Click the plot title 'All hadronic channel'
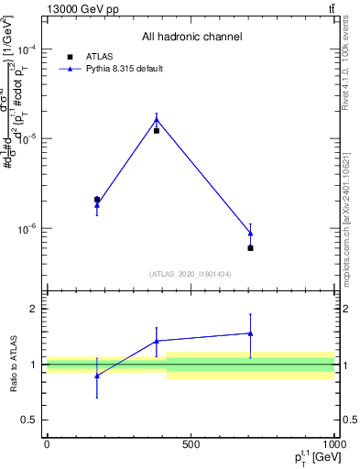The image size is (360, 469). pyautogui.click(x=191, y=38)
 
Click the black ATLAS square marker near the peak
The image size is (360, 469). pyautogui.click(x=157, y=131)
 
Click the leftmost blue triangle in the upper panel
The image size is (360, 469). pyautogui.click(x=97, y=205)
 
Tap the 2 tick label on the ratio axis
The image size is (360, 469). pyautogui.click(x=35, y=310)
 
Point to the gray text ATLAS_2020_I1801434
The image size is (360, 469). pyautogui.click(x=191, y=274)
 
